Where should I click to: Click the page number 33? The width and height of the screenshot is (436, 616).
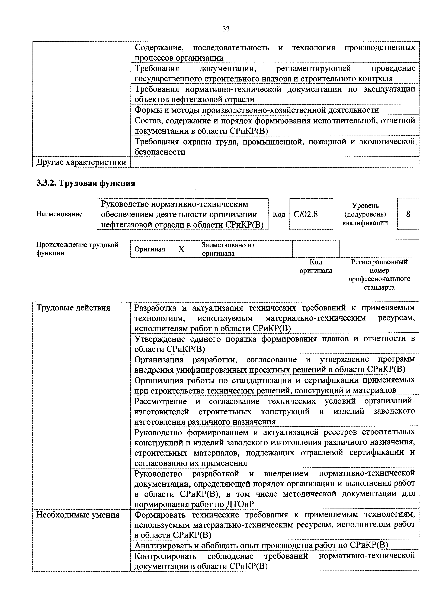(x=226, y=29)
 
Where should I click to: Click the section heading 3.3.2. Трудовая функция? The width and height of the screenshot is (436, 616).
(x=86, y=183)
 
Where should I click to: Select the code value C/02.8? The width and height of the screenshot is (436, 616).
(x=306, y=214)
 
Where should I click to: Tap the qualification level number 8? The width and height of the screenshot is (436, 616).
(x=408, y=214)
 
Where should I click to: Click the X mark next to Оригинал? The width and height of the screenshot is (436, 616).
(x=182, y=249)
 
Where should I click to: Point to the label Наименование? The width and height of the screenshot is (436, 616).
(x=59, y=214)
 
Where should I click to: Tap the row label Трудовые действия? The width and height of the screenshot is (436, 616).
(x=73, y=308)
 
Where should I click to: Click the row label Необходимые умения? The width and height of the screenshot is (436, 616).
(x=78, y=515)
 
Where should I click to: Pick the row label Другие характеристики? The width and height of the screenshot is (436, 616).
(x=81, y=162)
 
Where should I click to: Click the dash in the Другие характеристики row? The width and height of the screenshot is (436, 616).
(x=136, y=162)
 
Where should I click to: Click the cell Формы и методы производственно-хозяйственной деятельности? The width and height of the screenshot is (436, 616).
(x=257, y=110)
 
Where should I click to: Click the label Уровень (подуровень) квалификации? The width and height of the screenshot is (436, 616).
(x=365, y=214)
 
